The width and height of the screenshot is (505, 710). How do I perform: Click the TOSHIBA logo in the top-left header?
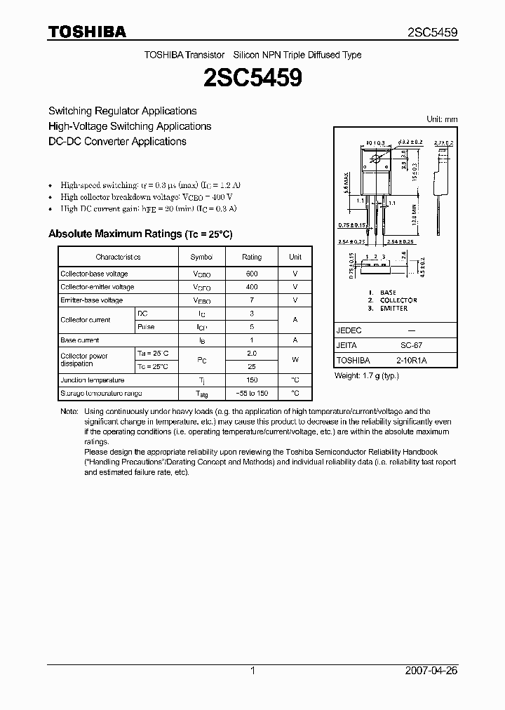[86, 32]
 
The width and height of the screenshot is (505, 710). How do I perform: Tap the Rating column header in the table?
[252, 257]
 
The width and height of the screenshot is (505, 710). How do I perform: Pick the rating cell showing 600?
[252, 274]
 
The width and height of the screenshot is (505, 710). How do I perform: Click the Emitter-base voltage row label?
[92, 300]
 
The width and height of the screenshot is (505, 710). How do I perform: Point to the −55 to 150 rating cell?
[252, 394]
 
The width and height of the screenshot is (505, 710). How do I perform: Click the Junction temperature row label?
[92, 380]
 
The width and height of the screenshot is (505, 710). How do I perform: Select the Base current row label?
[79, 340]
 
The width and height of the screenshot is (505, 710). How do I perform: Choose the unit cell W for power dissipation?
[295, 360]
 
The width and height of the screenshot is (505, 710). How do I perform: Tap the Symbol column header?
[201, 257]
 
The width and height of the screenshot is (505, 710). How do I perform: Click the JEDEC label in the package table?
[349, 330]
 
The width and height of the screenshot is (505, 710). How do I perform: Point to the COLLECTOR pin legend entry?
[398, 300]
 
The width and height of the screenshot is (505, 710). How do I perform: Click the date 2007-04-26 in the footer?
[431, 671]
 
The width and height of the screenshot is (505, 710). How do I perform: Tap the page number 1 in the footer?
[252, 671]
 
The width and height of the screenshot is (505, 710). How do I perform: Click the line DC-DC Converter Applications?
[117, 141]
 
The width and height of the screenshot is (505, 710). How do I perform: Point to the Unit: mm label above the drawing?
[442, 119]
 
